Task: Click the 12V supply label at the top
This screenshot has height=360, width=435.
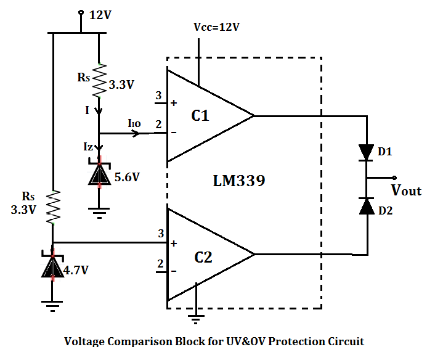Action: pos(100,15)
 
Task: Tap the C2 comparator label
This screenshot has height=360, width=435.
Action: pos(203,258)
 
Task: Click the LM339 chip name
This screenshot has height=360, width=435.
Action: pos(241,181)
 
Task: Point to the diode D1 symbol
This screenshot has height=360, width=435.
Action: pos(367,152)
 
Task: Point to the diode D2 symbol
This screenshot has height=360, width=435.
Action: pos(367,207)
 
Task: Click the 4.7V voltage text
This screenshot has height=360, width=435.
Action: pos(76,269)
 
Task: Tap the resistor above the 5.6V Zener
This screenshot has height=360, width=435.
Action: pos(99,80)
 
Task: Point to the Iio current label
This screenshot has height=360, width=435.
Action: pos(134,124)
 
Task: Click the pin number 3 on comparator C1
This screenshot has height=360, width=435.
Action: pos(158,96)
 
